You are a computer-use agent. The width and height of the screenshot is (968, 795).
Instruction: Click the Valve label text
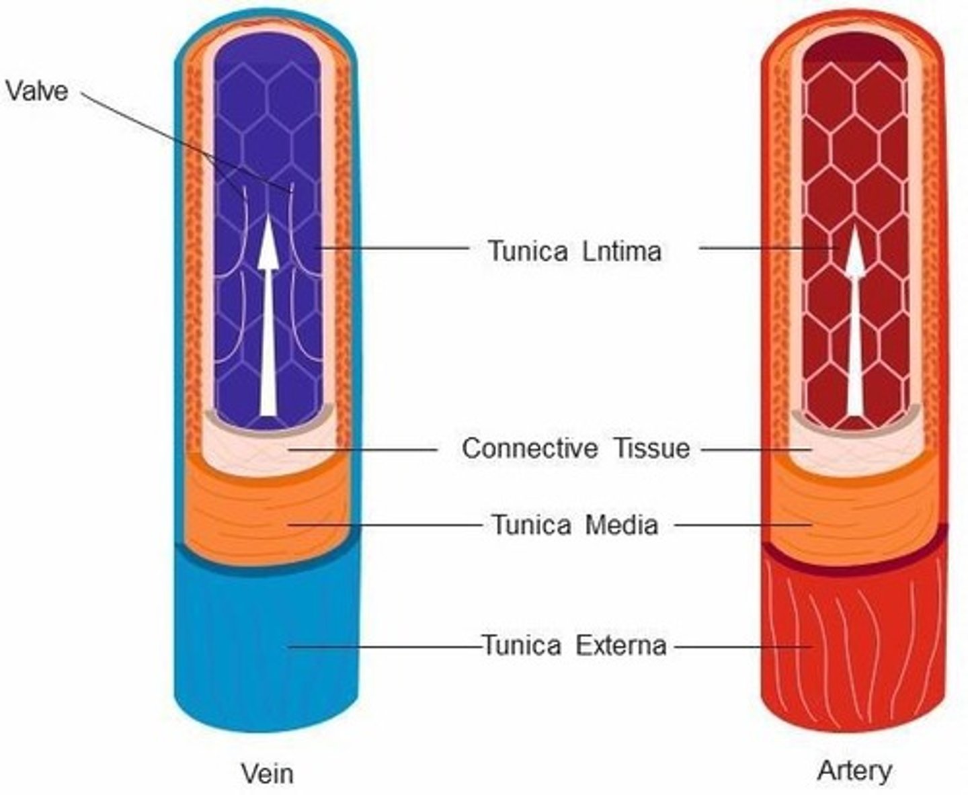coord(37,91)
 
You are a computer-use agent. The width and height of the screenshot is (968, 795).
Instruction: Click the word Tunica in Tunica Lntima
coord(528,251)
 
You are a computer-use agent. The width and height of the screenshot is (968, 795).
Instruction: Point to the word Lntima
coord(622,251)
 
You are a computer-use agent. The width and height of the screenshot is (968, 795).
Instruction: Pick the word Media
coord(622,524)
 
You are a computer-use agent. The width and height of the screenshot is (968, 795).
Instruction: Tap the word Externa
coord(621,646)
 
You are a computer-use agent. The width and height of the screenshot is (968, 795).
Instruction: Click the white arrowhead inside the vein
coord(268,243)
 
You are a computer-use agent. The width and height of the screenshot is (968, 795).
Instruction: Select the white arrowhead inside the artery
coord(854,251)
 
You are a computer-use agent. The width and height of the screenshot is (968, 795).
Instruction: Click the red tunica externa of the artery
coord(854,642)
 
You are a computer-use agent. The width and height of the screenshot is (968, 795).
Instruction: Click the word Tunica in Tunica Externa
coord(522,646)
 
